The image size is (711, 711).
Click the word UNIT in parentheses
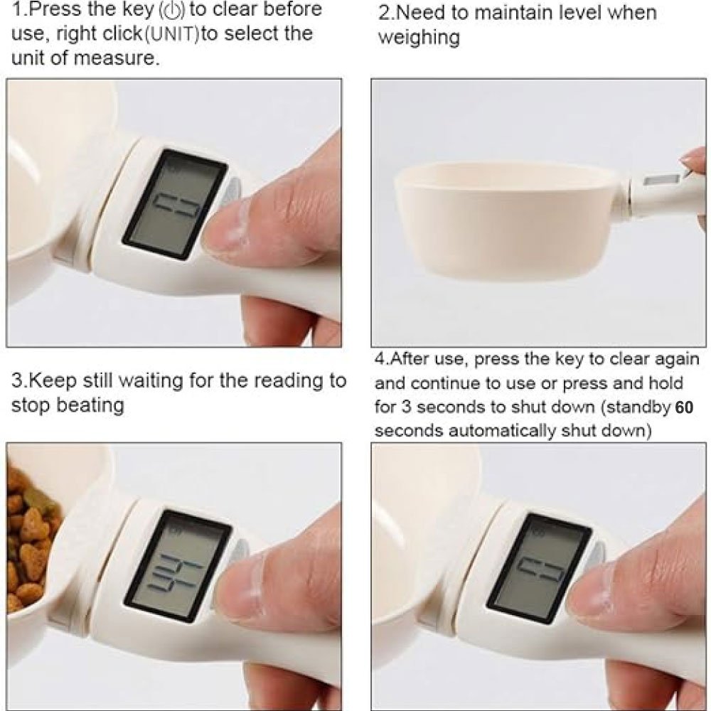click(x=171, y=34)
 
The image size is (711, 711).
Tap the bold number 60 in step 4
click(x=684, y=407)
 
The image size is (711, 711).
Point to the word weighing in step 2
click(x=419, y=38)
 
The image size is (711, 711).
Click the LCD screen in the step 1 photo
click(x=175, y=204)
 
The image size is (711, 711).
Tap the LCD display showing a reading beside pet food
click(x=178, y=566)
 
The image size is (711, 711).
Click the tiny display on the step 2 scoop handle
click(x=661, y=179)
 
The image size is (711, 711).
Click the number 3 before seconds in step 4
click(x=406, y=407)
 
